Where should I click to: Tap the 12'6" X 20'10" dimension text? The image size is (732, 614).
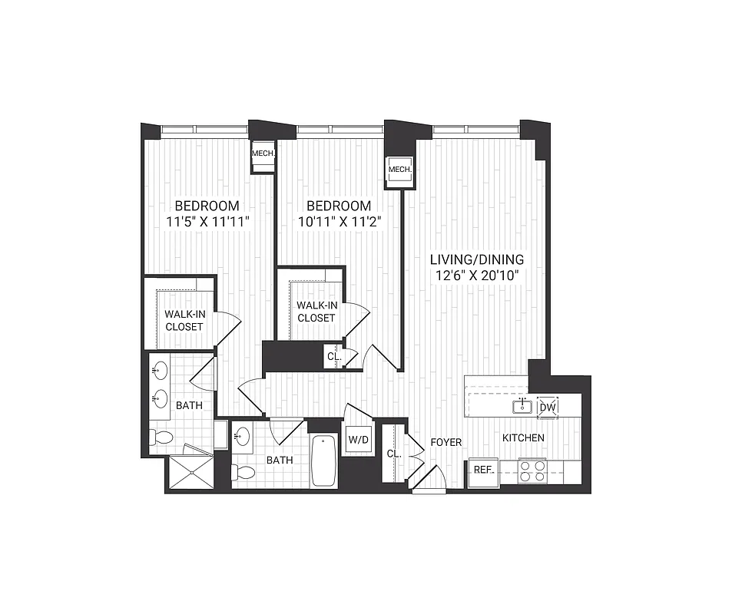tap(476, 276)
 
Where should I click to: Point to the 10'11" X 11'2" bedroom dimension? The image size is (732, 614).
tap(339, 222)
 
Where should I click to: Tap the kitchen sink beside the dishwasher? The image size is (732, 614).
tap(522, 405)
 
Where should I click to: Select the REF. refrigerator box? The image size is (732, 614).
tap(483, 470)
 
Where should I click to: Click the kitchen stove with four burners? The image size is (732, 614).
tap(532, 470)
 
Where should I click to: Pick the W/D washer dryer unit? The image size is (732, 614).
tap(358, 441)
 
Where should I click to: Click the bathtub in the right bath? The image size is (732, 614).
tap(324, 460)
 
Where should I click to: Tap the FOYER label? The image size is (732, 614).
tap(445, 442)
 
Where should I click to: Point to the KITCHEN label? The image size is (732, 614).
tap(523, 438)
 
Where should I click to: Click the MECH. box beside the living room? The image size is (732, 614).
tap(400, 170)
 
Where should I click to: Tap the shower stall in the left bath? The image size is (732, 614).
tap(189, 473)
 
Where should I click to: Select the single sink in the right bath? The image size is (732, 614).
tap(242, 437)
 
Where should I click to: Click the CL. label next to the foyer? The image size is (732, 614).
tap(393, 454)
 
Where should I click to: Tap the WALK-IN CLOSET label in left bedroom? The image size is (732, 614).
tap(184, 320)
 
